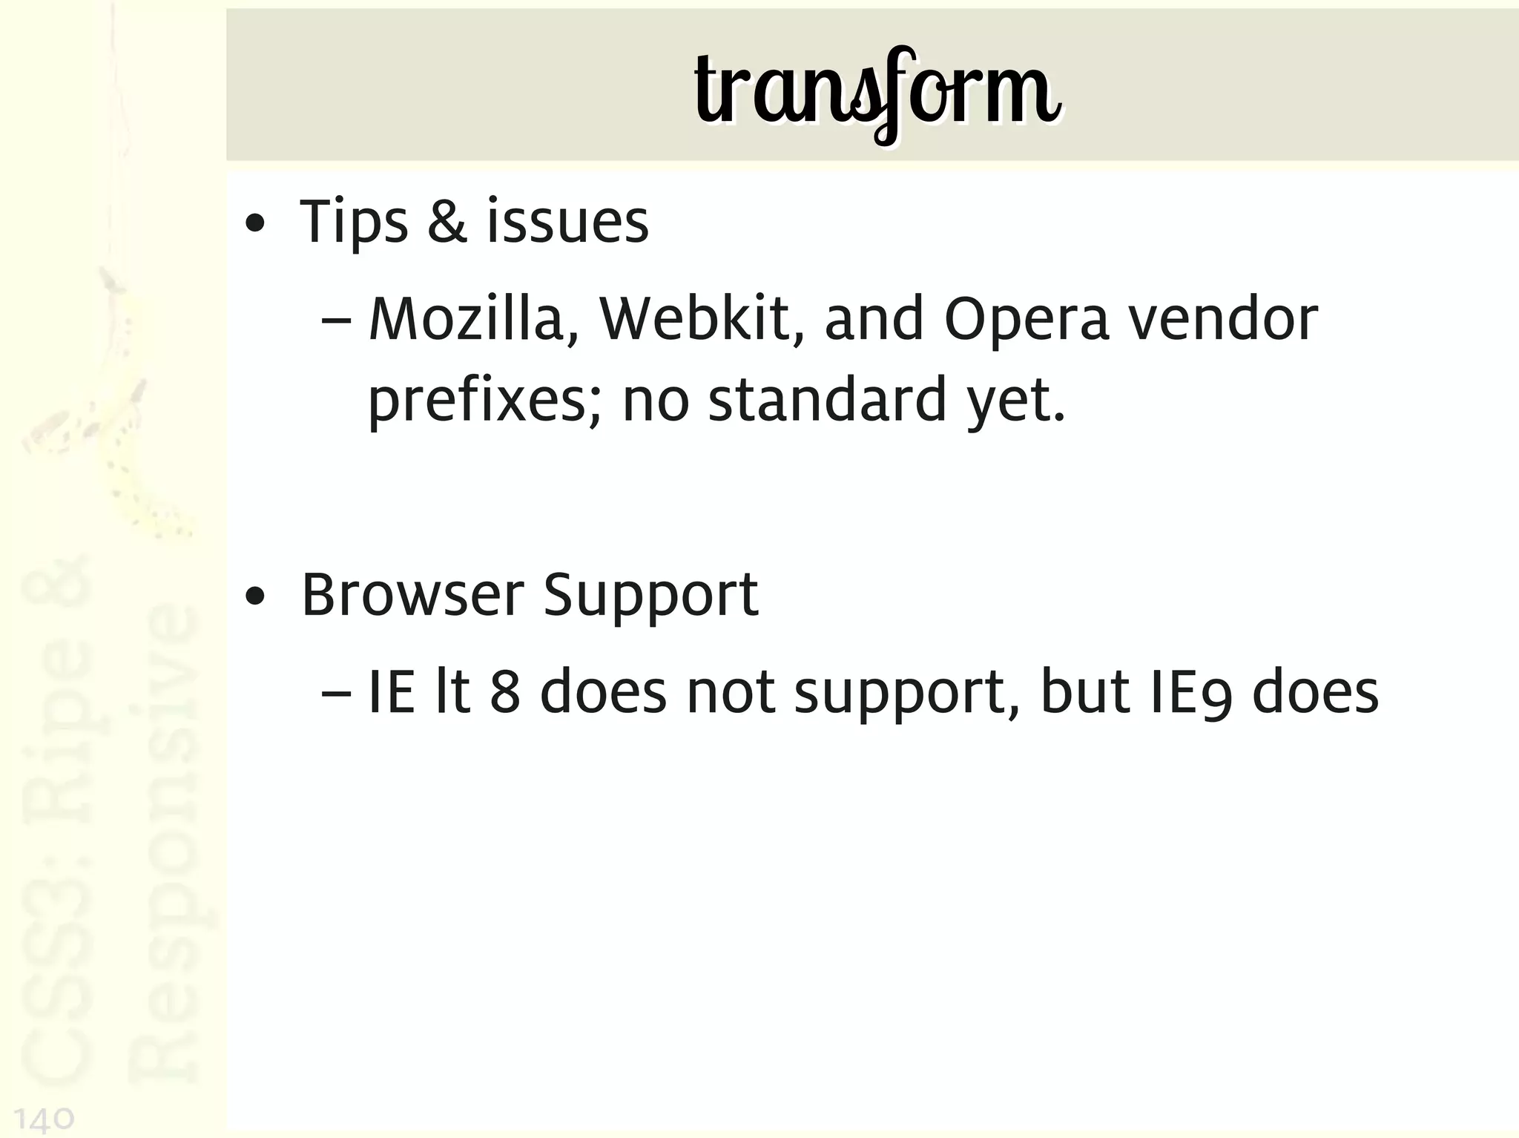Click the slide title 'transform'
[x=877, y=93]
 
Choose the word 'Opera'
[x=1027, y=320]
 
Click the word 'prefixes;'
[x=485, y=401]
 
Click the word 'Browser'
[x=412, y=595]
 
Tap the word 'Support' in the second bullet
[x=650, y=596]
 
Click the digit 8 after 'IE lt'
[x=505, y=692]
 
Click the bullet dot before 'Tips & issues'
[x=254, y=223]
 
